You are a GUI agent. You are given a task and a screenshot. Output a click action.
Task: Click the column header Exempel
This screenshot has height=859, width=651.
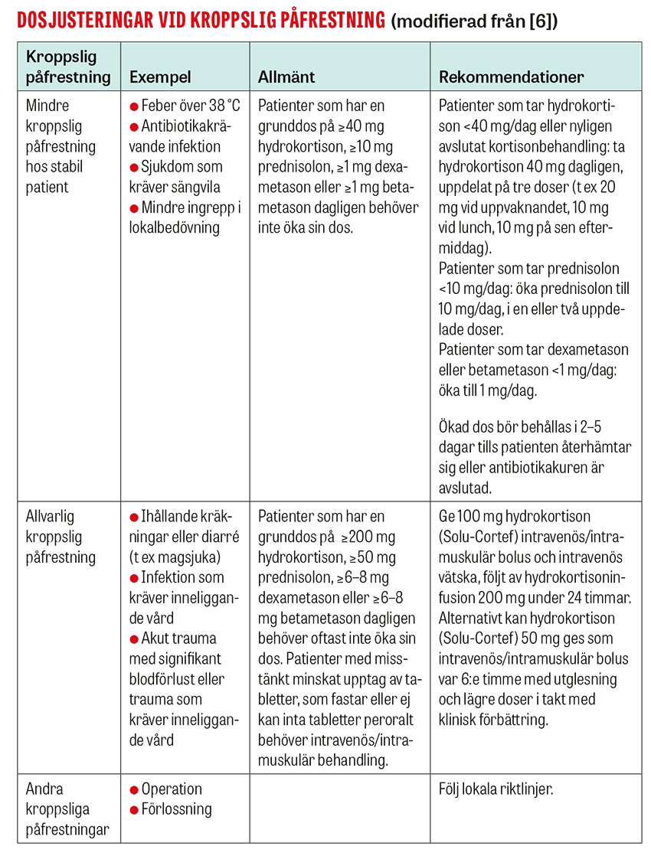pyautogui.click(x=160, y=77)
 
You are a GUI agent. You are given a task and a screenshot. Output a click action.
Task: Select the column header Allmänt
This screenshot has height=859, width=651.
pyautogui.click(x=286, y=77)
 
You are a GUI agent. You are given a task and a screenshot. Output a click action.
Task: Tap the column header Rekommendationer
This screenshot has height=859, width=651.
pyautogui.click(x=512, y=77)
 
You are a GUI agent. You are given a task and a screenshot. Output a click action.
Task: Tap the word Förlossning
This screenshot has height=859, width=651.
pyautogui.click(x=177, y=809)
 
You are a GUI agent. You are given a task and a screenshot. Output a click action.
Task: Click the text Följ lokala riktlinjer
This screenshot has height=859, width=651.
pyautogui.click(x=496, y=789)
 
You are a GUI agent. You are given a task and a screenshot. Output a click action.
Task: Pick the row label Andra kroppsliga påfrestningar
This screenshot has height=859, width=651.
pyautogui.click(x=65, y=809)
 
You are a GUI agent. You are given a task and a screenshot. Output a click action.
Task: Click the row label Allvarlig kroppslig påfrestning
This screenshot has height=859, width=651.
pyautogui.click(x=61, y=537)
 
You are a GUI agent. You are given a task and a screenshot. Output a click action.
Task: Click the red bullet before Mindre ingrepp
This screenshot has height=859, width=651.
pyautogui.click(x=134, y=207)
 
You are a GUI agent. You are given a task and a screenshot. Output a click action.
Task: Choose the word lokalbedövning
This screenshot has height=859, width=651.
pyautogui.click(x=175, y=227)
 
